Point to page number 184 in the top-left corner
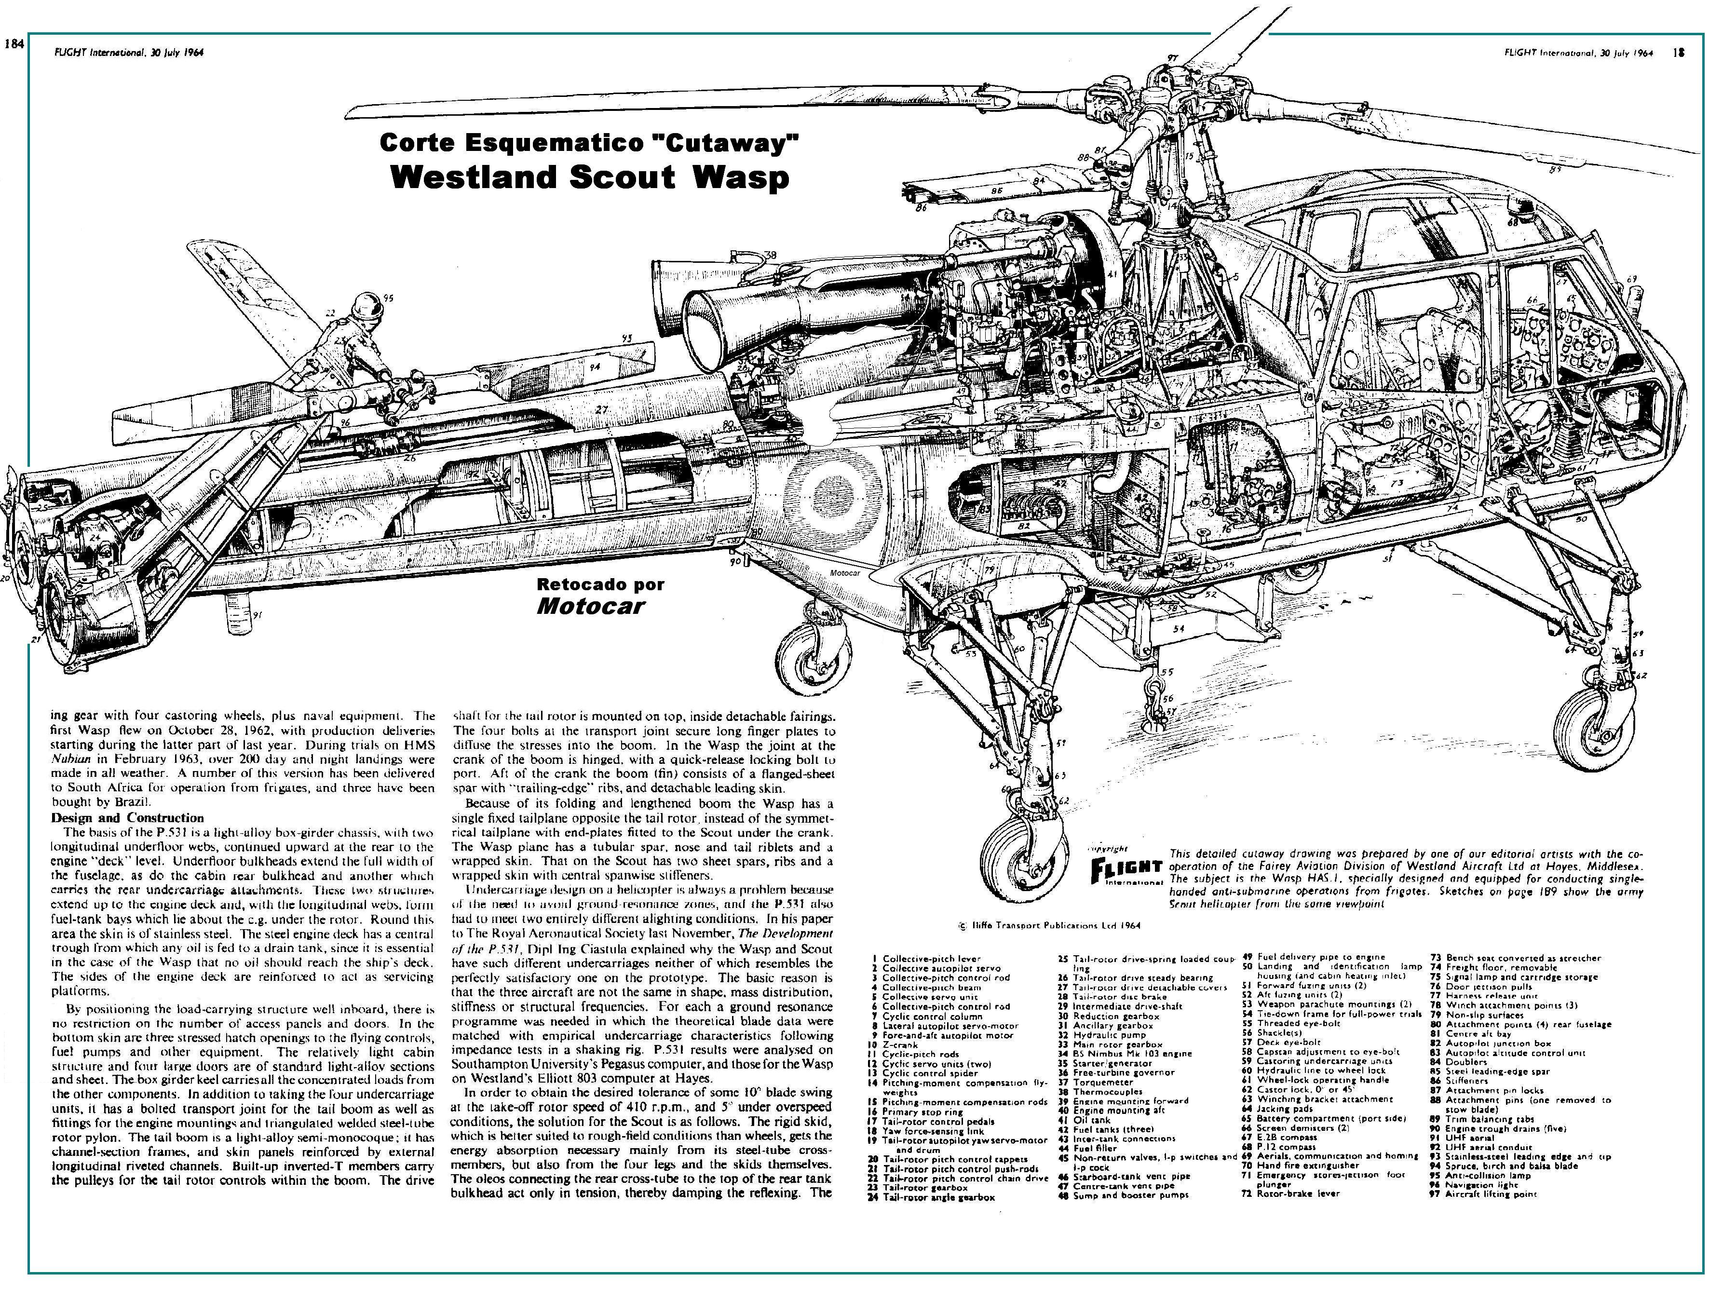point(14,44)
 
